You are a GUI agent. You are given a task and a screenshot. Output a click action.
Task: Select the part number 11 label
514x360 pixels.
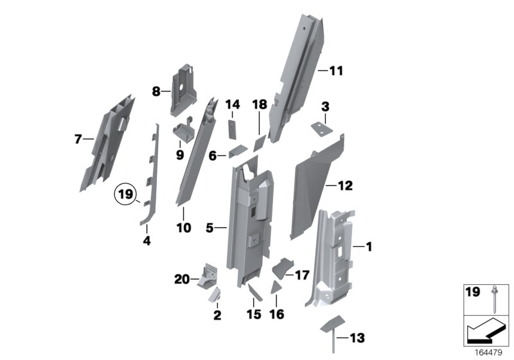[337, 71]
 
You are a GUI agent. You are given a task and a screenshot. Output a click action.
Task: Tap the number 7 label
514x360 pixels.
[78, 138]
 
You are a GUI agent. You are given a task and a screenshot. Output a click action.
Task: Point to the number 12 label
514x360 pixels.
[345, 186]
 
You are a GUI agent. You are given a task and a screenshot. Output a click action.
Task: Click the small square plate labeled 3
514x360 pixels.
[320, 129]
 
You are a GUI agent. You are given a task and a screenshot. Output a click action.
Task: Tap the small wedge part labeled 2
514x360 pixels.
[215, 294]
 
